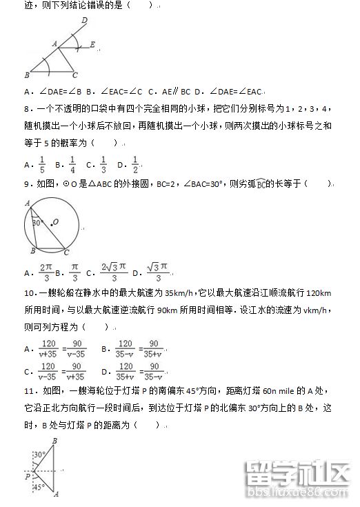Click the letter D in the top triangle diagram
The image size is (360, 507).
click(84, 21)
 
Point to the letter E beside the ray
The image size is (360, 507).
click(92, 45)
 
